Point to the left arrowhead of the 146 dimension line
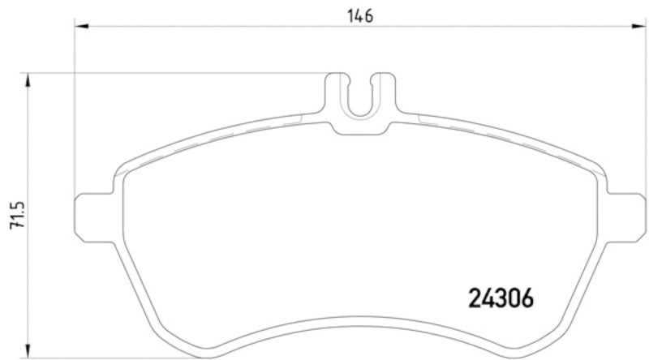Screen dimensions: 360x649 [80, 27]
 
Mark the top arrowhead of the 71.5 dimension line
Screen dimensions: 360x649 [29, 79]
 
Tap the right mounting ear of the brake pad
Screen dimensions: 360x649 [627, 216]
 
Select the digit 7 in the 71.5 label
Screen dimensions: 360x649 [17, 233]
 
